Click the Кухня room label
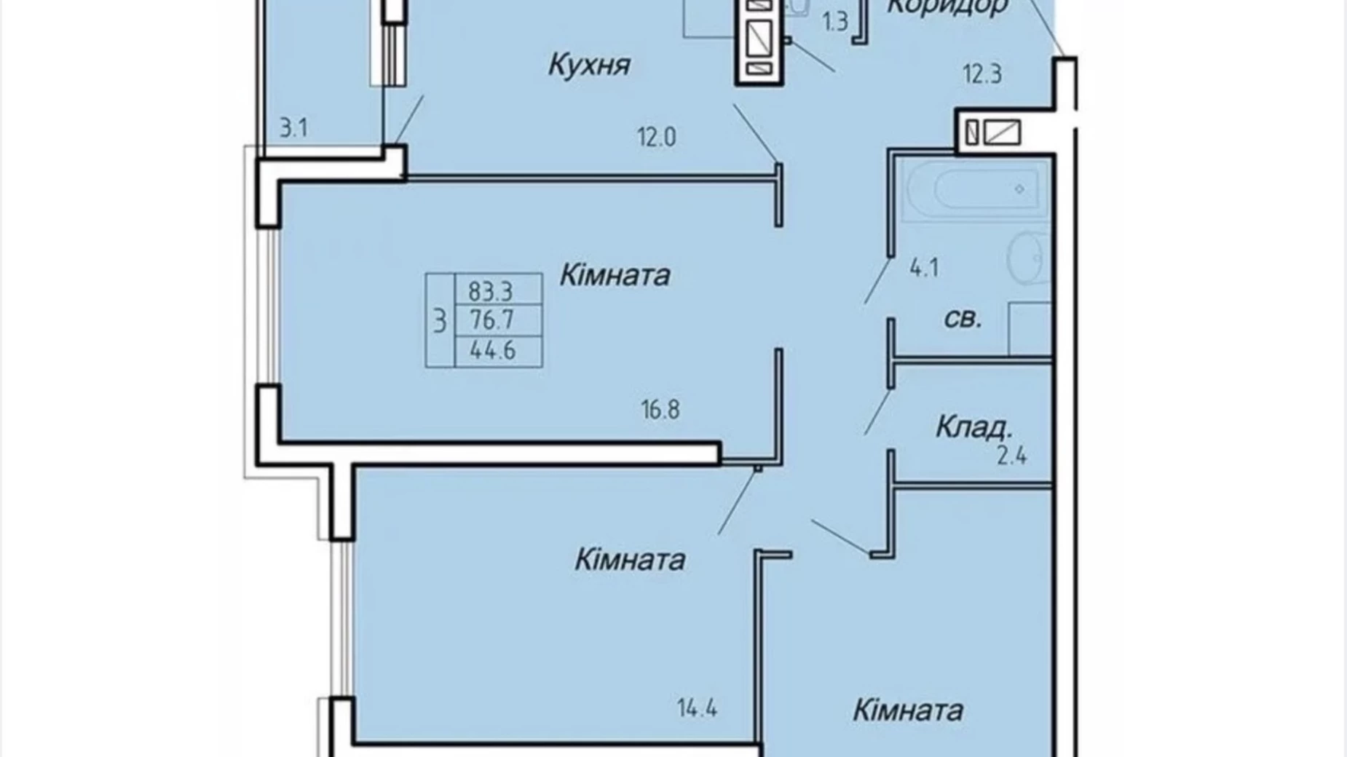pos(588,66)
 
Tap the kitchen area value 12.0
pos(657,137)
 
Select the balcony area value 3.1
pos(293,129)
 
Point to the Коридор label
pos(947,7)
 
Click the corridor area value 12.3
pos(982,74)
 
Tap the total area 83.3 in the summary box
pos(491,291)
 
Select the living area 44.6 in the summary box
pos(493,351)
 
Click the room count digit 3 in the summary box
pos(439,321)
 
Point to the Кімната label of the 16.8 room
pos(615,276)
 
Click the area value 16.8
pos(660,410)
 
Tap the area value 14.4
pos(698,708)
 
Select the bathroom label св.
pos(963,319)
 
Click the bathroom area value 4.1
pos(924,269)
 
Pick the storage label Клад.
pos(973,427)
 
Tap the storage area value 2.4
pos(1011,456)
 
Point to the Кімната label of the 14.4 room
pos(630,560)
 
